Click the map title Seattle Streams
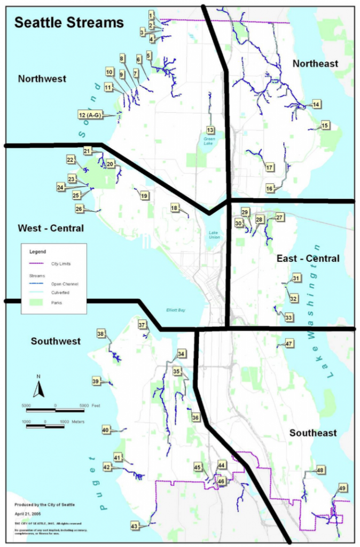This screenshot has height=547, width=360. coord(69,23)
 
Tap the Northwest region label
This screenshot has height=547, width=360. coord(42,79)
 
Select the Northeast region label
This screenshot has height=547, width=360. coord(315,64)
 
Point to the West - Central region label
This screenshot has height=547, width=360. coord(51,228)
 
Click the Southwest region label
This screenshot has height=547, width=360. coord(56,341)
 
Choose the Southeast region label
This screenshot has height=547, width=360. coord(313,433)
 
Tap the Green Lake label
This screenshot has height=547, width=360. coord(209,140)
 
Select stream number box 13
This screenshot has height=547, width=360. coord(210,130)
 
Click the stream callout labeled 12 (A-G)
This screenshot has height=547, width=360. coord(91,115)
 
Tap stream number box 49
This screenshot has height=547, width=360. coord(342,488)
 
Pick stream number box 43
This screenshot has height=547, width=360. coord(134,526)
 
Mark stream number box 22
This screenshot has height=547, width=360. coord(71,160)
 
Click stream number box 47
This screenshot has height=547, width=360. coord(289,343)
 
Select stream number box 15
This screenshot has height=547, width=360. coord(325,126)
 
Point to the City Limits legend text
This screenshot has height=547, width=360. coord(60,263)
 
